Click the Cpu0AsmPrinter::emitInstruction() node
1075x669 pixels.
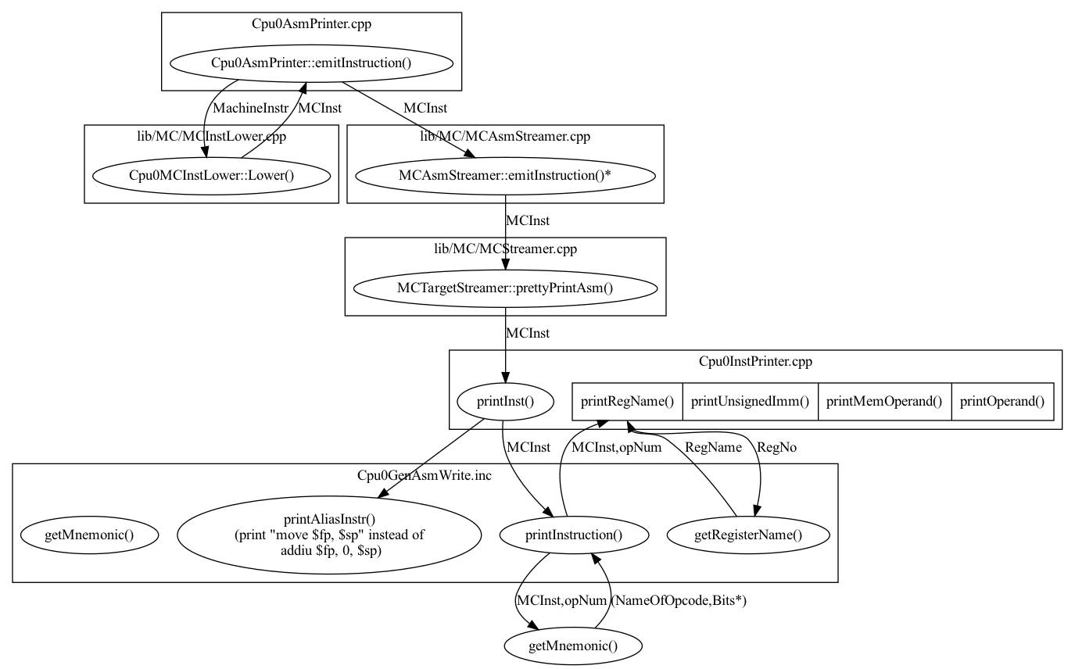[x=310, y=63]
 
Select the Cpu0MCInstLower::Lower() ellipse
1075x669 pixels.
[x=211, y=175]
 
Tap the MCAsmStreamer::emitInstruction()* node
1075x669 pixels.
[x=505, y=175]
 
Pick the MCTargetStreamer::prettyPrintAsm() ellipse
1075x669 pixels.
[x=505, y=288]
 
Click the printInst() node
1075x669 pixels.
[x=505, y=402]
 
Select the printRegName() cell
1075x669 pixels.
[x=627, y=402]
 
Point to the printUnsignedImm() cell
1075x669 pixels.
[x=751, y=402]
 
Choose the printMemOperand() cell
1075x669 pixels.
[x=884, y=402]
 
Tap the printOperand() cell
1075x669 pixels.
[x=1002, y=402]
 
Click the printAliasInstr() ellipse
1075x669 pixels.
[x=328, y=535]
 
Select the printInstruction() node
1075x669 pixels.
[x=575, y=535]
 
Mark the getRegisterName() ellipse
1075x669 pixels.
[x=748, y=535]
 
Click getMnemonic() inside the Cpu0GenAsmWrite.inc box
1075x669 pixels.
[x=89, y=535]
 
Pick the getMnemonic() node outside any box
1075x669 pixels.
[x=573, y=646]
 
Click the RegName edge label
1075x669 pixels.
[x=713, y=447]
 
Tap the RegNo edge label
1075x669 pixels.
[x=777, y=447]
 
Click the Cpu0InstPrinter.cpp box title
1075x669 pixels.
[x=755, y=362]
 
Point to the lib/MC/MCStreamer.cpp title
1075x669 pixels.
[x=505, y=249]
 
